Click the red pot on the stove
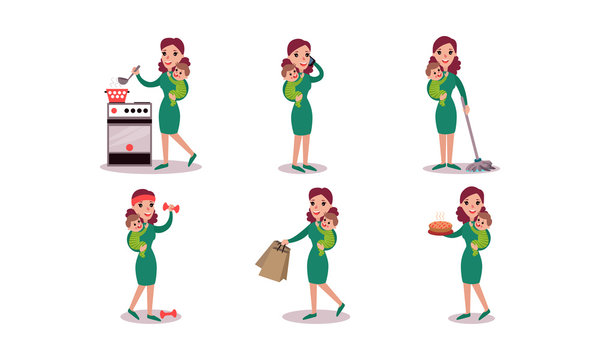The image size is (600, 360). click(117, 95)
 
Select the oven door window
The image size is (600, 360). click(129, 134)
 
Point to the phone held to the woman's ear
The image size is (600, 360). click(310, 65)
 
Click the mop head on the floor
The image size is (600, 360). click(480, 166)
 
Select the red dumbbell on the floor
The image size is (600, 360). click(167, 314)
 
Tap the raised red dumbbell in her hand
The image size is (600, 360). click(169, 209)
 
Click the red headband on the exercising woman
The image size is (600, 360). click(144, 196)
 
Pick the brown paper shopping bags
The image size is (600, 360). click(273, 261)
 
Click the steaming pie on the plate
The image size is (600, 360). click(440, 227)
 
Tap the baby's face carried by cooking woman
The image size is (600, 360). click(180, 73)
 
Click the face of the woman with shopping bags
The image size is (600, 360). click(318, 206)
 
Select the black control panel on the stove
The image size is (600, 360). click(129, 111)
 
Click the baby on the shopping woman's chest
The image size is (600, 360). click(327, 232)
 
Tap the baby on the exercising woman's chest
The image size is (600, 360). click(135, 232)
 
